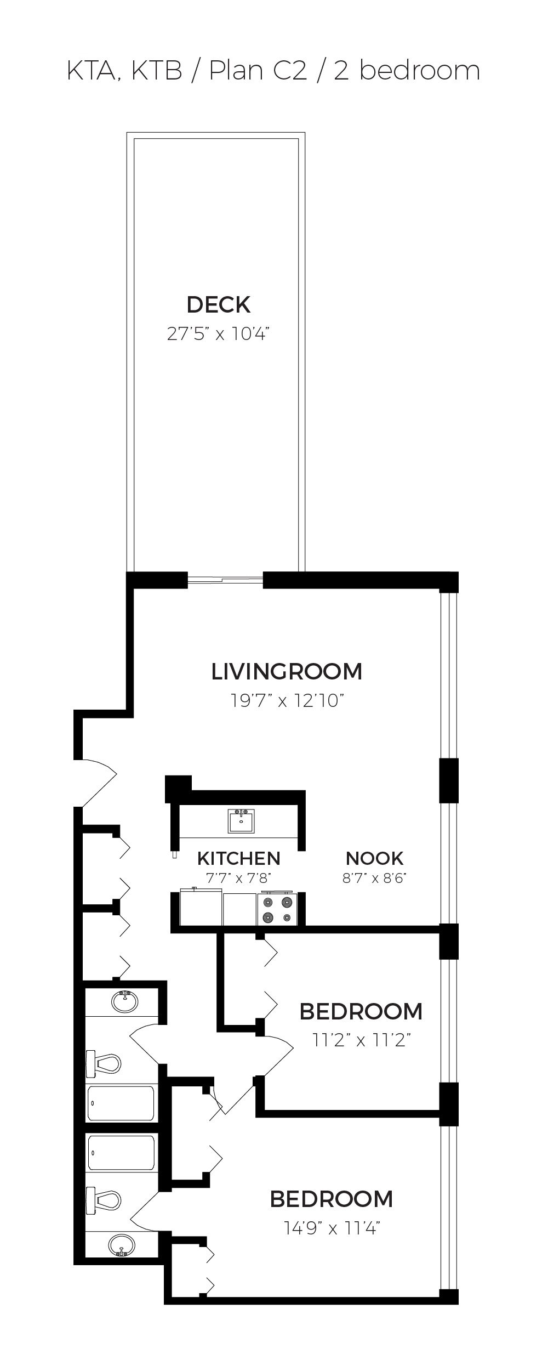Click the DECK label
click(x=219, y=304)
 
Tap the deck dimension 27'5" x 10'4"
click(x=219, y=333)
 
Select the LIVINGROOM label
click(x=287, y=671)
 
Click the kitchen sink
click(x=241, y=820)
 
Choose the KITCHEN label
click(x=238, y=858)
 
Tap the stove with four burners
click(x=278, y=910)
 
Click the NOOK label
click(x=375, y=858)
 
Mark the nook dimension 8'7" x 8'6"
click(x=375, y=878)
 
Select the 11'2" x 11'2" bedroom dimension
click(x=361, y=1040)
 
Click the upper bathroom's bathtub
click(x=121, y=1103)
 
